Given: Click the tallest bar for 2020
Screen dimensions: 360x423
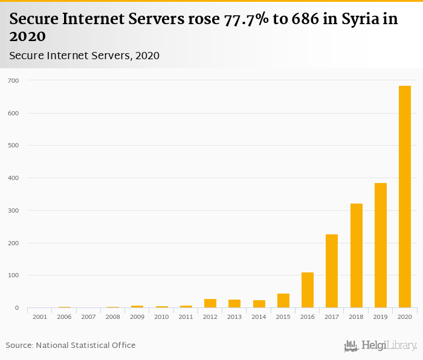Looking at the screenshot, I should [405, 197].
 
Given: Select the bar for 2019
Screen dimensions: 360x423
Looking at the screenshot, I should [381, 245].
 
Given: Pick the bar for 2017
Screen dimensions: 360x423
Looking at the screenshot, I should [332, 271].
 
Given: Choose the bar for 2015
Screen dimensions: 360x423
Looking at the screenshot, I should [283, 301].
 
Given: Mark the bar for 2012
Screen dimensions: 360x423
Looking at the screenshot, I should [210, 303].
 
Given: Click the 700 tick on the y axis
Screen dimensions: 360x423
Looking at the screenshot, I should [13, 80].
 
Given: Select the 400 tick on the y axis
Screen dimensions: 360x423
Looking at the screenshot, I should [13, 178].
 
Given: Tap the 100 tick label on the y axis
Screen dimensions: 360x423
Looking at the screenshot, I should [13, 275].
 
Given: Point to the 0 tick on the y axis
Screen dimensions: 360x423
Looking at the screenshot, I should [17, 308].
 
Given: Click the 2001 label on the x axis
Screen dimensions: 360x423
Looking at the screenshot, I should [40, 317].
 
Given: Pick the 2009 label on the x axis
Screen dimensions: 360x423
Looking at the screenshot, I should [137, 317].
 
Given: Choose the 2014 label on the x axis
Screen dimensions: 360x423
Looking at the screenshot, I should [259, 317].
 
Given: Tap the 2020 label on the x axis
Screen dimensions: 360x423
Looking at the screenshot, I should [405, 317].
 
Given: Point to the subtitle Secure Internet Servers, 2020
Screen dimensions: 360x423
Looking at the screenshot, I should [84, 56].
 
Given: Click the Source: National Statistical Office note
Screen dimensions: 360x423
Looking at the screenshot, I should [71, 346].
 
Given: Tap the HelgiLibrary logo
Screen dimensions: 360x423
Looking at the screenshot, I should [380, 346].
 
